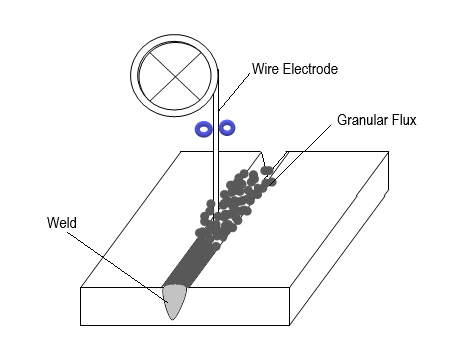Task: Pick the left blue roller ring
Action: pyautogui.click(x=204, y=128)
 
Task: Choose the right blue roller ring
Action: pyautogui.click(x=227, y=127)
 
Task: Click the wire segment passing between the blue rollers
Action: pyautogui.click(x=216, y=128)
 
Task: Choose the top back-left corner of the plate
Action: pyautogui.click(x=180, y=152)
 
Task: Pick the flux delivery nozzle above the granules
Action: pyautogui.click(x=274, y=161)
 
